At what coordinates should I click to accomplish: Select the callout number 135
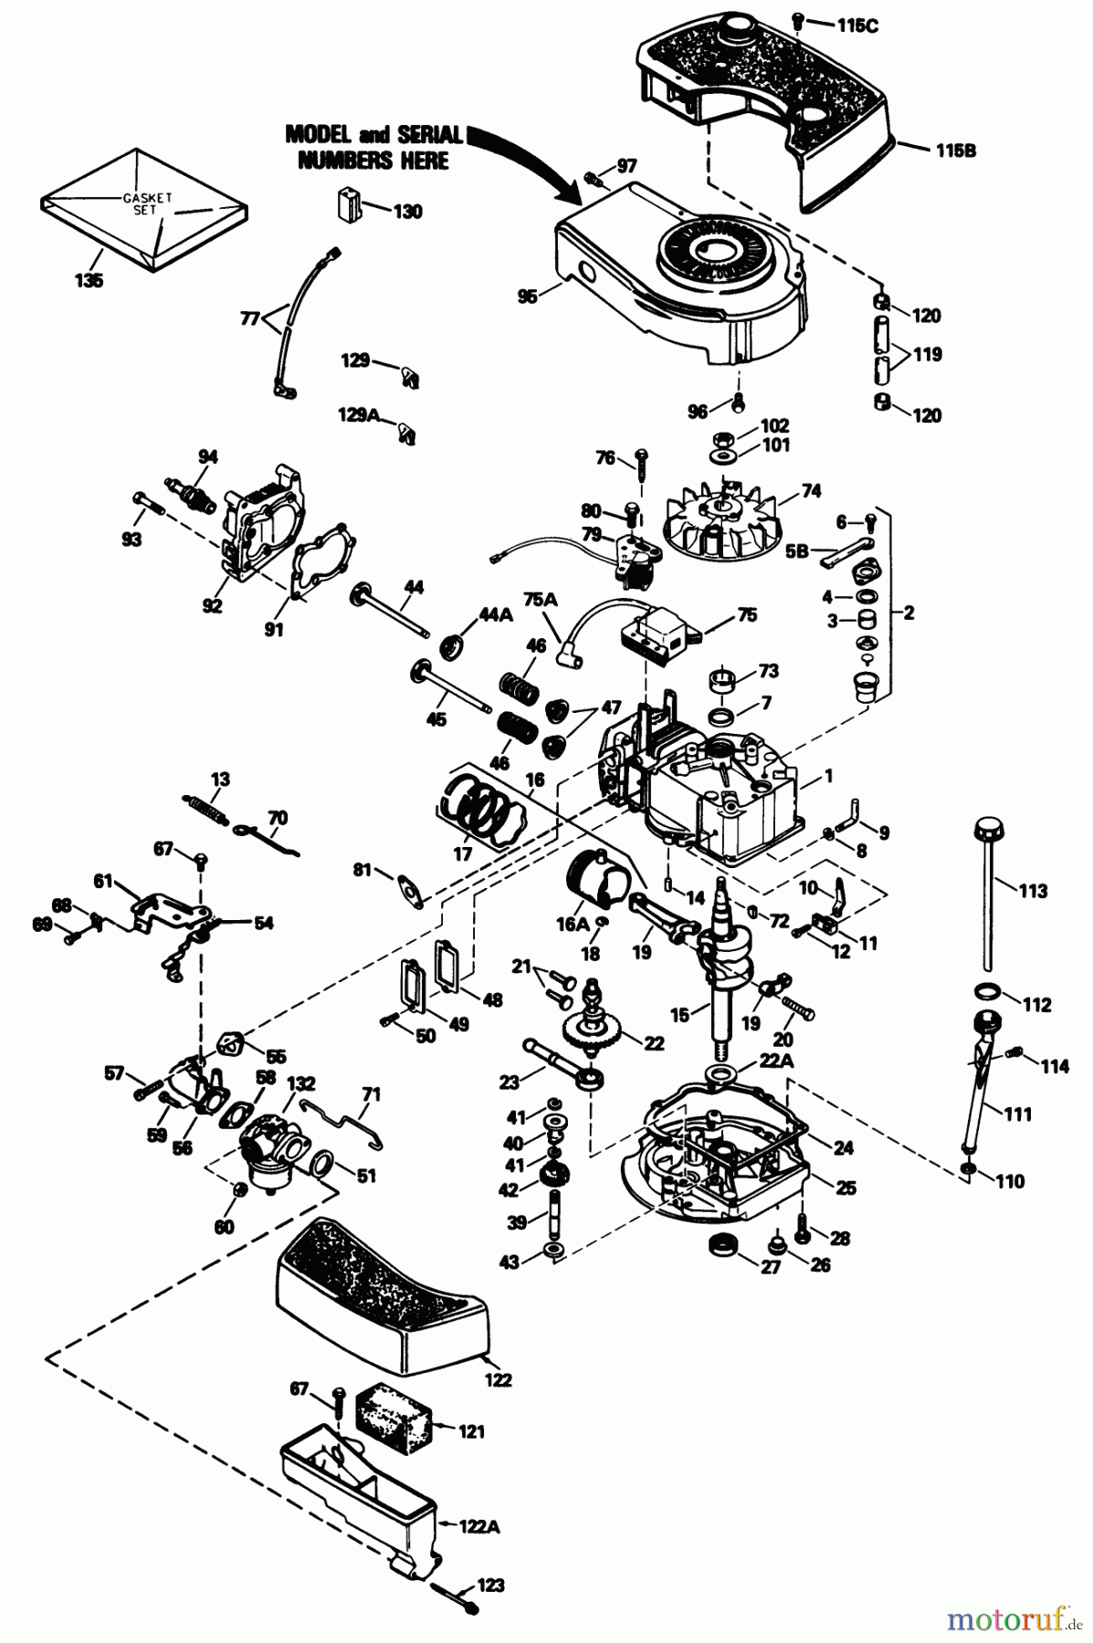[x=89, y=281]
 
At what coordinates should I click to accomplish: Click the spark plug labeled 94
[x=192, y=493]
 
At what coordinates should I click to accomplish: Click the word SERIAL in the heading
[x=429, y=135]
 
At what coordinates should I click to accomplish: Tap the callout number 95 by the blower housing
[x=527, y=298]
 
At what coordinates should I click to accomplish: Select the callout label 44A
[x=494, y=615]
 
